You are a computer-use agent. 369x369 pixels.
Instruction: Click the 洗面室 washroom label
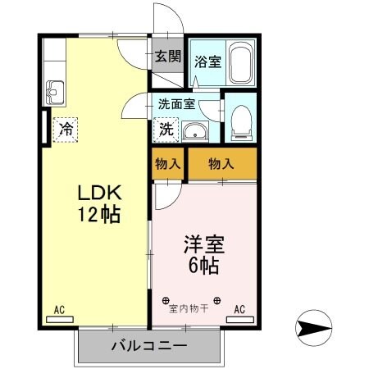(x=176, y=105)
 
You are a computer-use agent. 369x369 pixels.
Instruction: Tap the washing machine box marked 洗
(x=165, y=130)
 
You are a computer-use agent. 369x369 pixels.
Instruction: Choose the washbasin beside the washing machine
(x=194, y=130)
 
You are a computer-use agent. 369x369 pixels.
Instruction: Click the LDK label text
(x=99, y=194)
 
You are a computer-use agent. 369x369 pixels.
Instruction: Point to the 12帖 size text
(x=99, y=216)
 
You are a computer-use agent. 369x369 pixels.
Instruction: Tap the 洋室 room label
(x=203, y=244)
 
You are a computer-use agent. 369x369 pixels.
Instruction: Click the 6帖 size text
(x=203, y=266)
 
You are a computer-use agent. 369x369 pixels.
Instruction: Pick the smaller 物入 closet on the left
(x=168, y=163)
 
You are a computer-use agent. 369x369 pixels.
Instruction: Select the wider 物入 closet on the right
(x=221, y=163)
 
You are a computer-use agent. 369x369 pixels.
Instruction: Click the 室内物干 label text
(x=190, y=308)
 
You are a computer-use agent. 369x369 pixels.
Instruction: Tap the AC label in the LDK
(x=59, y=309)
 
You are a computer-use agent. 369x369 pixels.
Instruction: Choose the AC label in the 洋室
(x=240, y=309)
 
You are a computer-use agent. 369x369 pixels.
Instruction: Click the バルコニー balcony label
(x=149, y=345)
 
